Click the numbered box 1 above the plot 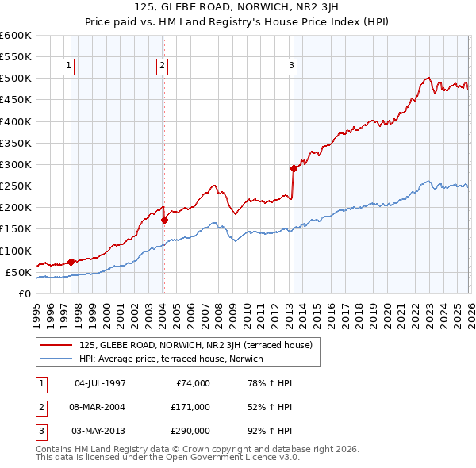tap(70, 66)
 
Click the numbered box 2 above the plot tap(162, 66)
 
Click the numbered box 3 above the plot tap(291, 66)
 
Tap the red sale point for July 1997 tap(71, 261)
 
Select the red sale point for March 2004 tap(164, 221)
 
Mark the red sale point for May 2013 tap(294, 168)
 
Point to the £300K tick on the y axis tap(16, 165)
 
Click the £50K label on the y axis tap(18, 272)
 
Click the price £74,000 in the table tap(191, 383)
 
